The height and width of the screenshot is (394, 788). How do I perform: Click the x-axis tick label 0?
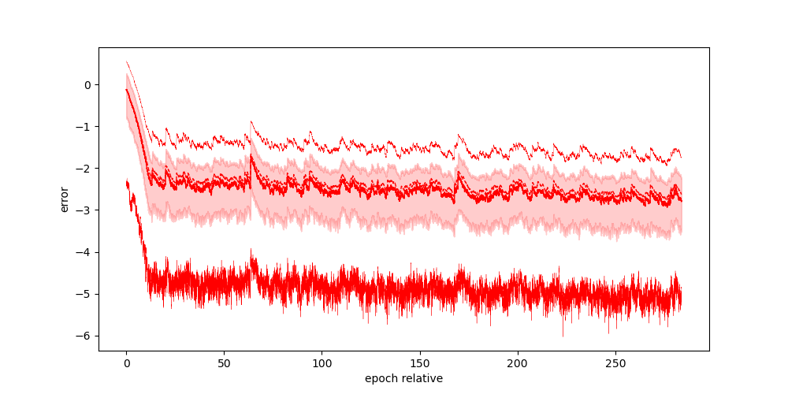click(x=126, y=364)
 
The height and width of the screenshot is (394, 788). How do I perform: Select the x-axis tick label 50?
click(x=224, y=364)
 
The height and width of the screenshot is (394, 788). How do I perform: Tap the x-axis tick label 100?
click(x=322, y=364)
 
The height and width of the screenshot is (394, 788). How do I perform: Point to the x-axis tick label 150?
click(x=419, y=364)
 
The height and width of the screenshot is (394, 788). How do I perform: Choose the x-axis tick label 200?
click(x=518, y=364)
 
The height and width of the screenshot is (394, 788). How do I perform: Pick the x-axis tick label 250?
click(x=615, y=364)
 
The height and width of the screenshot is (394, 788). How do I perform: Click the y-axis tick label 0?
click(x=88, y=85)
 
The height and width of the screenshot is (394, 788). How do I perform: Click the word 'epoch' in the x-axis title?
click(x=381, y=379)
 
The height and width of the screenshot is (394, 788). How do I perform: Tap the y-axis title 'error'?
click(x=65, y=199)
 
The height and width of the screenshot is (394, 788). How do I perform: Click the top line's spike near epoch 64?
click(x=251, y=122)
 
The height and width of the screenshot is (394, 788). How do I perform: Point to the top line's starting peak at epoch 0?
click(x=127, y=61)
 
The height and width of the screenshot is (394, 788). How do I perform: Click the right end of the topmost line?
click(x=681, y=157)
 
